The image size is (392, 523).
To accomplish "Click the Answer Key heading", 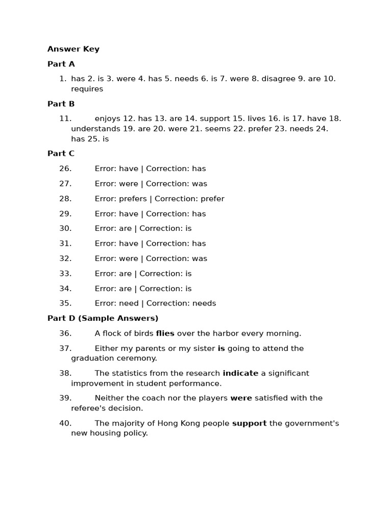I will coord(73,49).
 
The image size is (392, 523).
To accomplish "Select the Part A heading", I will coord(61,64).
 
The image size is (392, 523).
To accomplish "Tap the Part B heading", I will coord(61,104).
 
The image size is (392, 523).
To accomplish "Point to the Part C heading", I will coord(61,153).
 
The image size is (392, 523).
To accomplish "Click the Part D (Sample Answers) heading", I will coord(103,318).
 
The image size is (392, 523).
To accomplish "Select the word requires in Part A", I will coord(87,89).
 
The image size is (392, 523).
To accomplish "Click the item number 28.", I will coord(65,199).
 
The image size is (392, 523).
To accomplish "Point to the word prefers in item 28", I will coord(133,199).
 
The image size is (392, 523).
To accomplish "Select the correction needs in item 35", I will coord(204,303).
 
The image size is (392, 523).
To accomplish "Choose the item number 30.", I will coord(65,228).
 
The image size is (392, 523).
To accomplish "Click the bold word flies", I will coord(165,334).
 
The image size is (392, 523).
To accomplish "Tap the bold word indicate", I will coord(240,373).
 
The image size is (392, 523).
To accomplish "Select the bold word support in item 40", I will coord(250,423).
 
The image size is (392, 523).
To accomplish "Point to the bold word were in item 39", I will coord(241,398).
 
